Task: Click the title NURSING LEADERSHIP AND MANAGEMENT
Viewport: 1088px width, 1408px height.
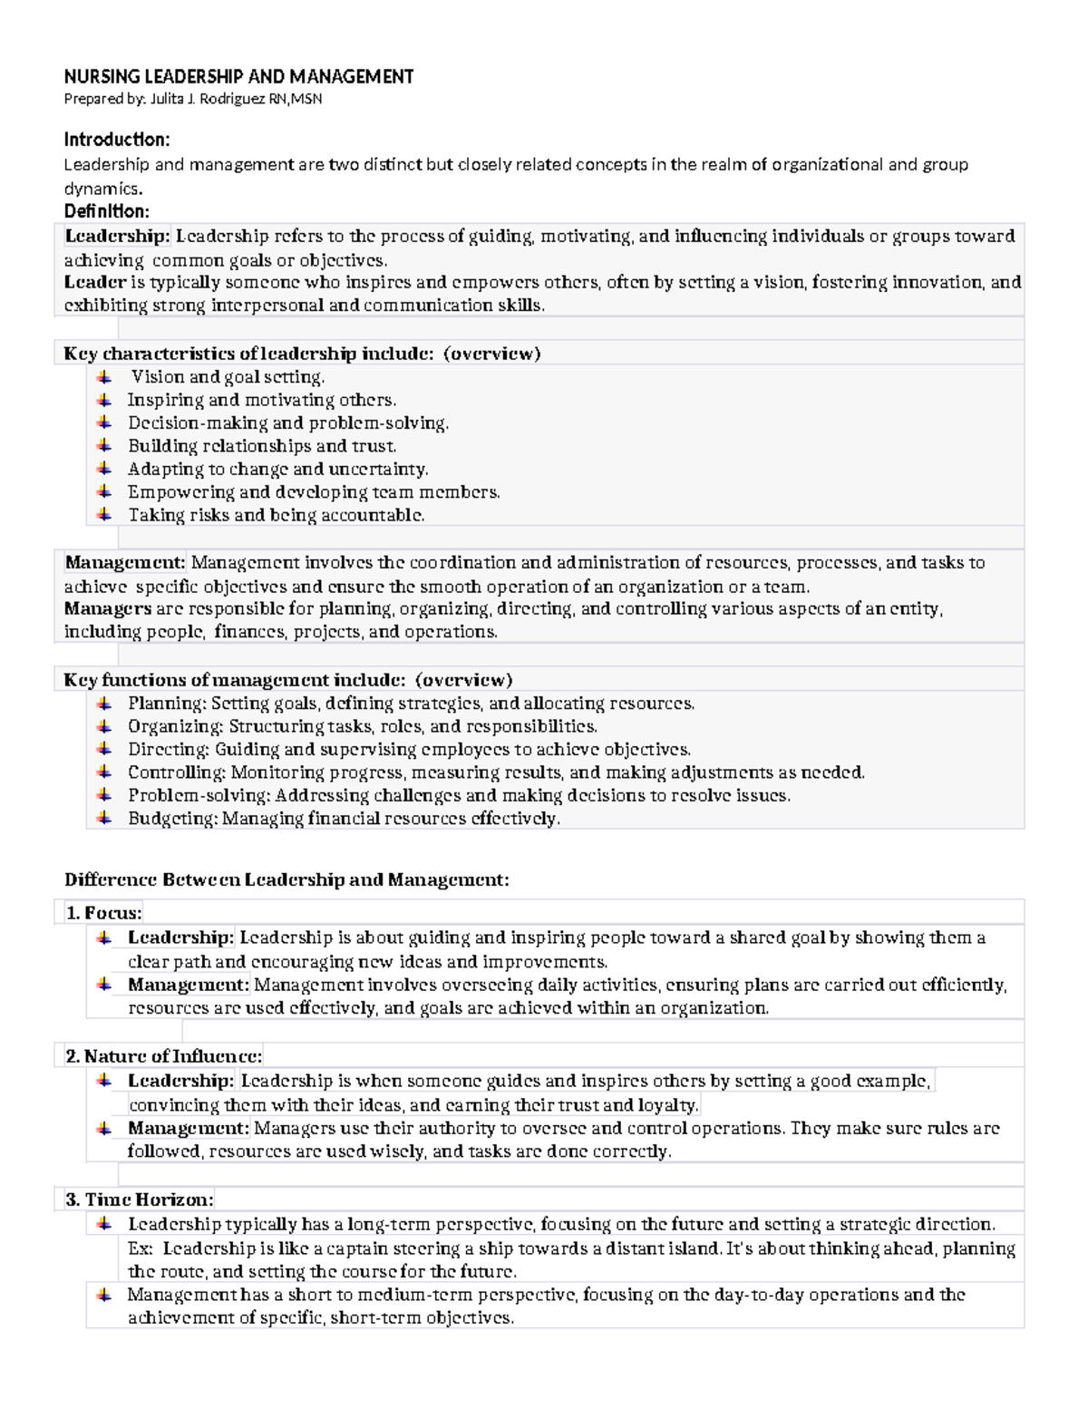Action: [x=238, y=76]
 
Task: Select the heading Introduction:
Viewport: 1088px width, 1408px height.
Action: [x=116, y=140]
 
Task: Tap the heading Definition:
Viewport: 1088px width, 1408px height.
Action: [x=106, y=211]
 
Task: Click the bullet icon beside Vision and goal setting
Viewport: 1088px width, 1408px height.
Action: [x=105, y=376]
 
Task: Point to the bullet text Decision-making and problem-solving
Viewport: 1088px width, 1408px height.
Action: [x=287, y=423]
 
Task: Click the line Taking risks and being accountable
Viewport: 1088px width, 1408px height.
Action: [x=276, y=515]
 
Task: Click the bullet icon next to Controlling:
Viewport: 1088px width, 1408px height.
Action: [x=105, y=772]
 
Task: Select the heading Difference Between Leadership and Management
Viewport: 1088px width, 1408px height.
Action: [x=287, y=879]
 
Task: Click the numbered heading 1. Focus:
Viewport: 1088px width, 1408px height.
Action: [x=104, y=913]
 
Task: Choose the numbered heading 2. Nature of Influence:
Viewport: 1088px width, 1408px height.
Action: [x=164, y=1056]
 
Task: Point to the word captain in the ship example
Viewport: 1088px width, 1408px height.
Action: [x=355, y=1248]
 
